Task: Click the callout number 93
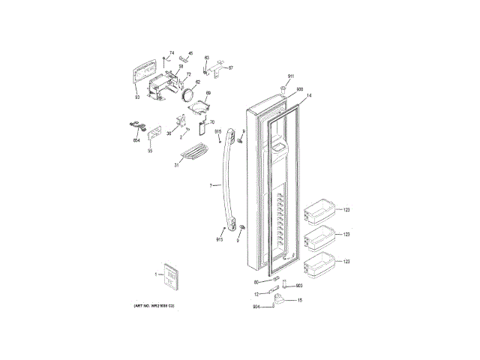coord(137,97)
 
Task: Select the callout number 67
coord(231,68)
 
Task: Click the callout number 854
coord(136,140)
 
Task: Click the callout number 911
coord(292,78)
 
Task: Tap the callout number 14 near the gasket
coord(309,95)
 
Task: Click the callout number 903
coord(298,286)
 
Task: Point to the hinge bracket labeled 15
coord(281,301)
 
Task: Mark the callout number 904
coord(256,307)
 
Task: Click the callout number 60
coord(256,282)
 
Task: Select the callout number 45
coord(190,53)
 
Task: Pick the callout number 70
coord(213,122)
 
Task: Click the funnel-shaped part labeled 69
coord(197,107)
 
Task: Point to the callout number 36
coord(169,133)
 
